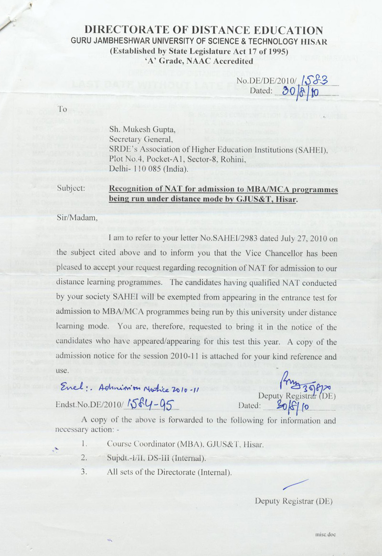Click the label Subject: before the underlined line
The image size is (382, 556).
pyautogui.click(x=71, y=189)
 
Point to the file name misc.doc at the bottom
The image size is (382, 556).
pyautogui.click(x=326, y=534)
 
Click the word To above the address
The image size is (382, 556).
pyautogui.click(x=62, y=109)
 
